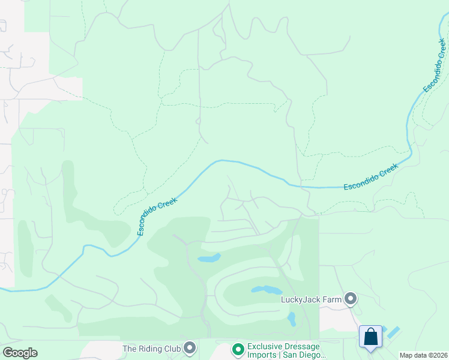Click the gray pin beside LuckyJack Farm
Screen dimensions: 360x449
(351, 298)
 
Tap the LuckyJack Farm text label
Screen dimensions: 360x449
(312, 299)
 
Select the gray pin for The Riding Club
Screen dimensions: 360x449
(190, 348)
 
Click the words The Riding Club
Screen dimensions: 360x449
(151, 348)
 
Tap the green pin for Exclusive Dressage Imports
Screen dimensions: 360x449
(238, 349)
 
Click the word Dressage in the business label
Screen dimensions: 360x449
(298, 346)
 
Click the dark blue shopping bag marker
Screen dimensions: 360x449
(370, 337)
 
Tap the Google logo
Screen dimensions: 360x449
(20, 353)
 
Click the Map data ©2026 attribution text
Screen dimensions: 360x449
(423, 355)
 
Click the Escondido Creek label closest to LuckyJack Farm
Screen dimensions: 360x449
(370, 178)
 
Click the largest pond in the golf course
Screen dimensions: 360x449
(266, 290)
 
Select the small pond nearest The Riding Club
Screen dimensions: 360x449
(209, 259)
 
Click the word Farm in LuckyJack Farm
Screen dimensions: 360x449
(331, 299)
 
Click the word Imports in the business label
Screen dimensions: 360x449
(262, 355)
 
